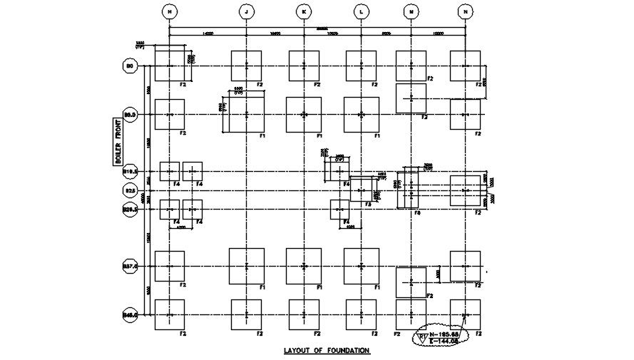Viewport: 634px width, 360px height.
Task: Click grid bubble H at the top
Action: pos(168,11)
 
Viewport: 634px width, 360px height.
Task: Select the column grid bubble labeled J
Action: pos(246,11)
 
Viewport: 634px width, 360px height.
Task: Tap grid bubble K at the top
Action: pos(305,11)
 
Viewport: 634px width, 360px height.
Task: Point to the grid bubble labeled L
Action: pos(361,11)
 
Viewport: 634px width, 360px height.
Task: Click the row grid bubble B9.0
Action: pos(131,114)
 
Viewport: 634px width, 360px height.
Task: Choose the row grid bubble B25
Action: pos(131,190)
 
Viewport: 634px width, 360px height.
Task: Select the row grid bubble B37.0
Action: pos(131,266)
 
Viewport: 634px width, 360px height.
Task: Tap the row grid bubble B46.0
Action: pos(131,314)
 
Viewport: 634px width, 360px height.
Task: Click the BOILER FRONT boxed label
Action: pos(118,143)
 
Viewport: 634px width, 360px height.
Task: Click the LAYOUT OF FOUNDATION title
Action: pos(327,350)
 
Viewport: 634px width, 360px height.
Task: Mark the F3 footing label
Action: pos(368,205)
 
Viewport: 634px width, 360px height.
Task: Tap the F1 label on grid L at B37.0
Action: pos(376,287)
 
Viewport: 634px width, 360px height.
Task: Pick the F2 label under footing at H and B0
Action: pos(183,85)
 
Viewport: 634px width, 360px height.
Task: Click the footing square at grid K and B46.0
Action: pos(305,314)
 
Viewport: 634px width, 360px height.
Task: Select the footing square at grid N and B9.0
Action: pos(465,114)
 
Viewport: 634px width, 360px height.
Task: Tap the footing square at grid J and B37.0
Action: pos(246,266)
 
